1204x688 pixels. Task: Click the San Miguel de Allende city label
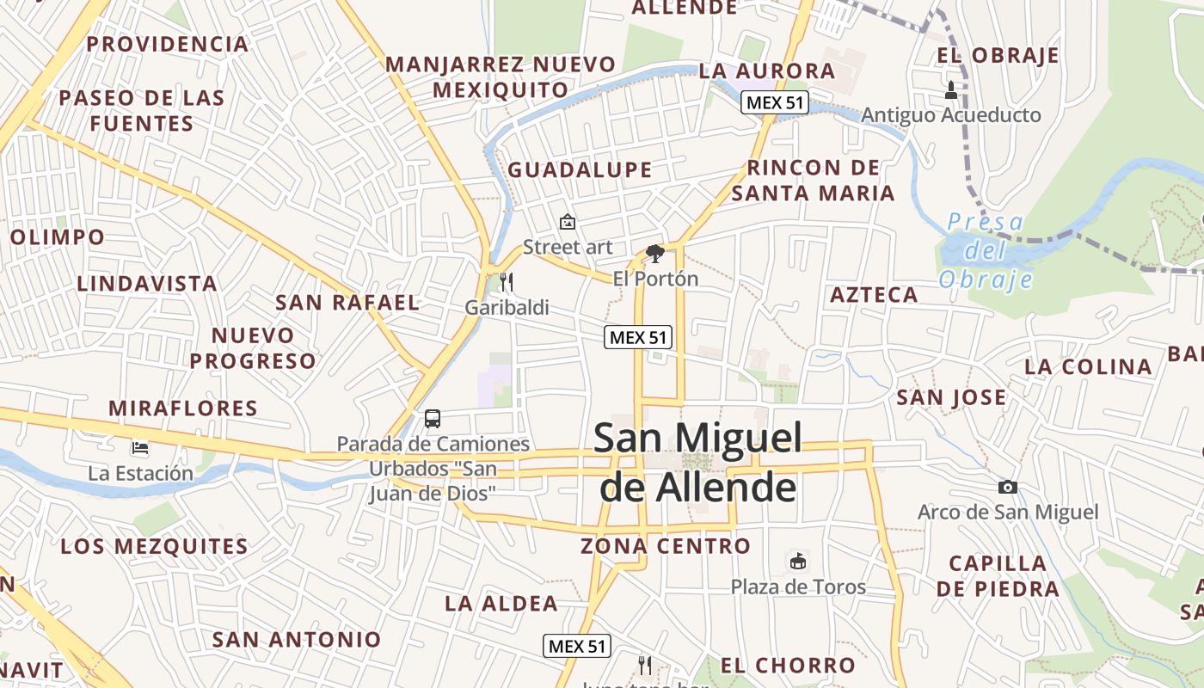[x=697, y=463]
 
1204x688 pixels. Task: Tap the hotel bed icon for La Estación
[x=140, y=448]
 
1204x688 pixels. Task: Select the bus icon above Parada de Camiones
[x=433, y=419]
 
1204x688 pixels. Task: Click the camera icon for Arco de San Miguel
[x=1008, y=488]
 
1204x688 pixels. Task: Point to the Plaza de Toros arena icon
[x=798, y=562]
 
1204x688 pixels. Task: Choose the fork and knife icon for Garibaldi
[x=507, y=281]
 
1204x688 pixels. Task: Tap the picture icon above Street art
[x=567, y=222]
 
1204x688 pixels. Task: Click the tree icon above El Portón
[x=655, y=253]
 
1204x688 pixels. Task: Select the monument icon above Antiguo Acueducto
[x=951, y=89]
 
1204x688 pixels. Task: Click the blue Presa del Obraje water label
[x=986, y=251]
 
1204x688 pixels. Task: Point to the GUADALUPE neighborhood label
[x=580, y=170]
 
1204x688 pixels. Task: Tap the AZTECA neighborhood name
[x=874, y=296]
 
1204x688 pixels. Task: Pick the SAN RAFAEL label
[x=347, y=303]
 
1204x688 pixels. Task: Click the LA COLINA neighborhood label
[x=1088, y=367]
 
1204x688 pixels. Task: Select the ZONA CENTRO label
[x=666, y=546]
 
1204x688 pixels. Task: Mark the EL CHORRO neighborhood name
[x=788, y=666]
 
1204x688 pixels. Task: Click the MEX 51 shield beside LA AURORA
[x=775, y=103]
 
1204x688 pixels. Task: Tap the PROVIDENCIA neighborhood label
[x=167, y=44]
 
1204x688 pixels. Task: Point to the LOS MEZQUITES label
[x=154, y=546]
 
